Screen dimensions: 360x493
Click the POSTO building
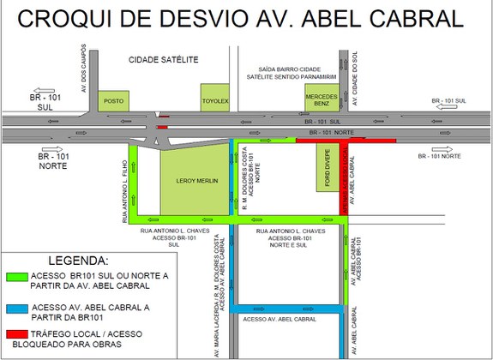[x=114, y=100]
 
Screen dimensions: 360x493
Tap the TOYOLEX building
[x=216, y=98]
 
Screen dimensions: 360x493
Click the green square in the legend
[x=16, y=276]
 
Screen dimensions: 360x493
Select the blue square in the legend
[x=16, y=308]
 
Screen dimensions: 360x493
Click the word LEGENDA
[x=78, y=260]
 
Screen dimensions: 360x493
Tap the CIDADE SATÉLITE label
[x=163, y=60]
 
